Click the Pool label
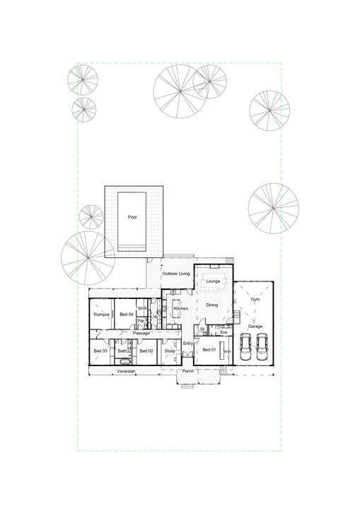[132, 218]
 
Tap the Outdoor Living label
[177, 273]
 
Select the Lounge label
[213, 281]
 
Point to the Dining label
[212, 305]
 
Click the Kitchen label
[181, 309]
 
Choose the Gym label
[255, 300]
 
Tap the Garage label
[255, 326]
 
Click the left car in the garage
[245, 346]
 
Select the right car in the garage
[262, 346]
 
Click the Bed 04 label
[127, 314]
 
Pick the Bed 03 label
[100, 351]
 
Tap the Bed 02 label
[146, 351]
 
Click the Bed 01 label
[209, 350]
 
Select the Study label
[170, 351]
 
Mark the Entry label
[188, 344]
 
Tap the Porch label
[188, 371]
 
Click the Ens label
[223, 331]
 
